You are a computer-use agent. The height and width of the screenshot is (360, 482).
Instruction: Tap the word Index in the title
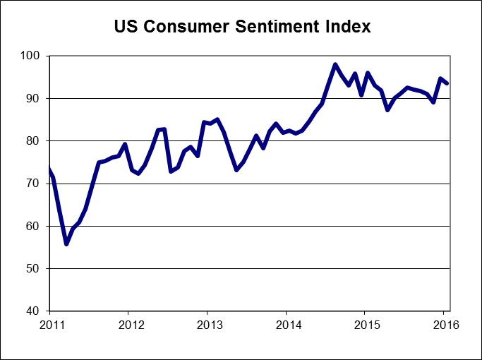(x=345, y=28)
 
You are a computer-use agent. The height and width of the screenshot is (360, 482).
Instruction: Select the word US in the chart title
(x=126, y=28)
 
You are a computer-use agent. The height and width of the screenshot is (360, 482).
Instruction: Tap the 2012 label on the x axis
(x=128, y=325)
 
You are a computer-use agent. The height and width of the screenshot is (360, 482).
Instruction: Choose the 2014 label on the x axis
(x=286, y=325)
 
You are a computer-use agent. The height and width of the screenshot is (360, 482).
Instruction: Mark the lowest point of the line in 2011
(x=66, y=244)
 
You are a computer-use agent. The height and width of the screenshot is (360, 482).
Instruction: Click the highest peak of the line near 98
(x=335, y=64)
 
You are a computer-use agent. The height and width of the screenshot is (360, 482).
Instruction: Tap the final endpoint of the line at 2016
(x=448, y=83)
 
